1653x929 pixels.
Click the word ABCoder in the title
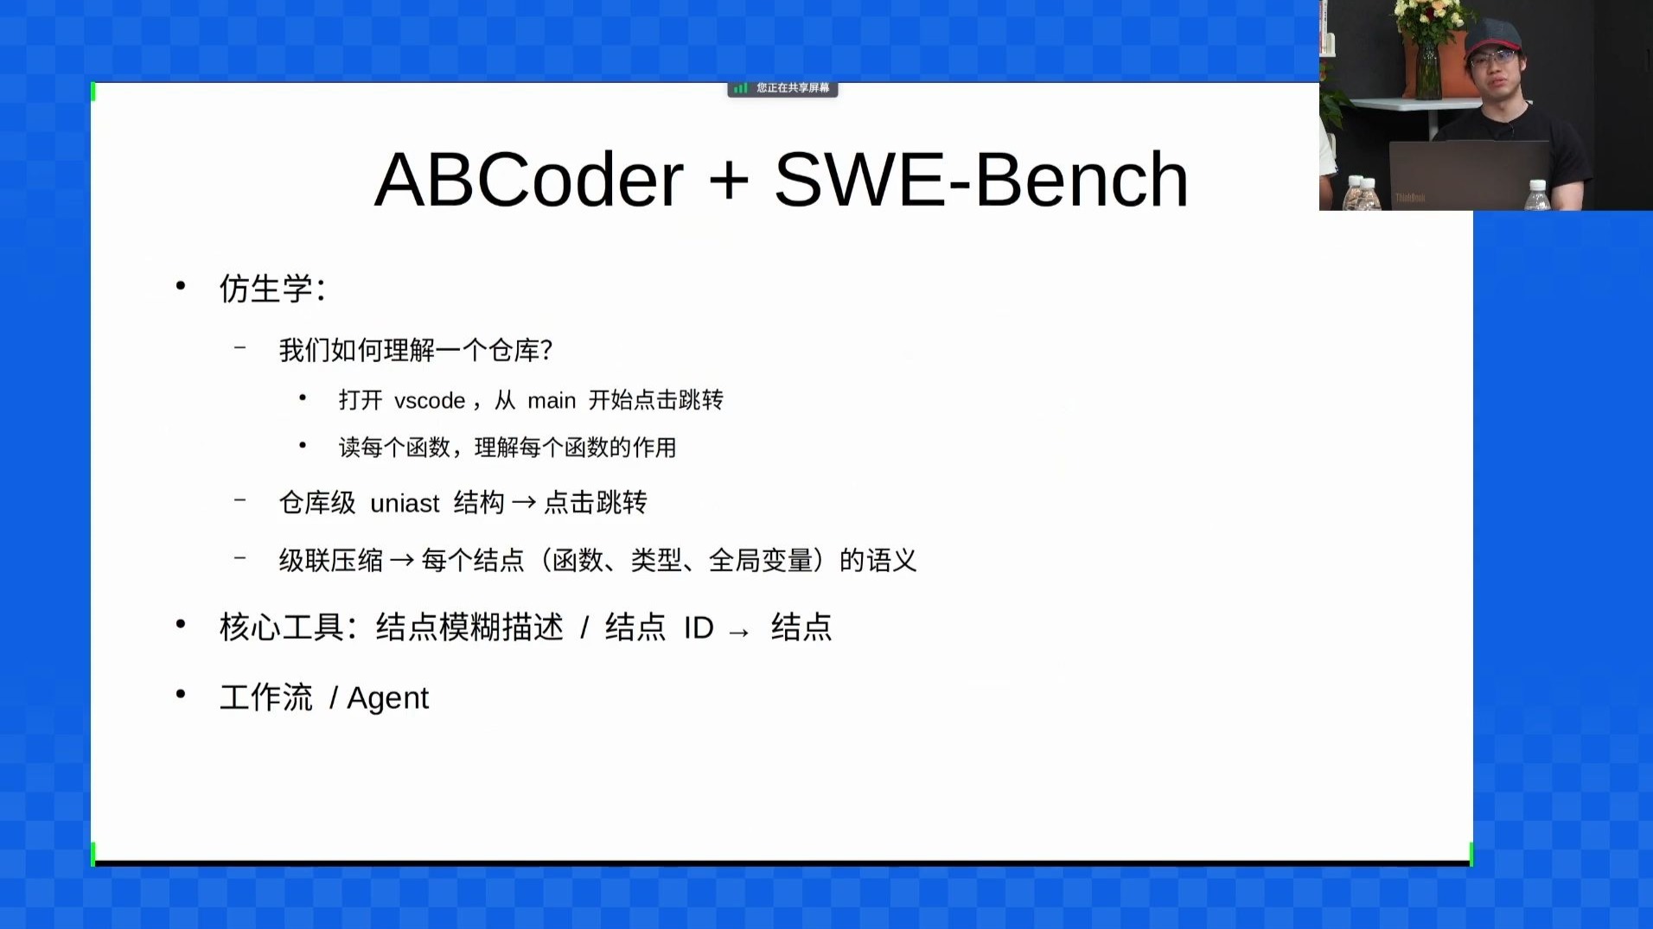(528, 180)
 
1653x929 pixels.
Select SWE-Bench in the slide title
(981, 180)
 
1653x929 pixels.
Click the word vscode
(430, 401)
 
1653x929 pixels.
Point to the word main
(552, 401)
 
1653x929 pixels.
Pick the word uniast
(405, 503)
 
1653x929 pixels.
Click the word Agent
(387, 698)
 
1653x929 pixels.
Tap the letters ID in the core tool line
(699, 628)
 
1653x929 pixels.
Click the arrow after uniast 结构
(524, 502)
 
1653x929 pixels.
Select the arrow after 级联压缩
(402, 561)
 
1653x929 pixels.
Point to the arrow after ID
(739, 633)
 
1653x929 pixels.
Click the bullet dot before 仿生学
(181, 285)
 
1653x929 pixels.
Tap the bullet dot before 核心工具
(181, 624)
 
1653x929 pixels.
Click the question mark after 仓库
(546, 350)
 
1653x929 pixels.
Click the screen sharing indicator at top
(782, 88)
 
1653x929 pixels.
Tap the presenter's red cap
(1493, 35)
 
